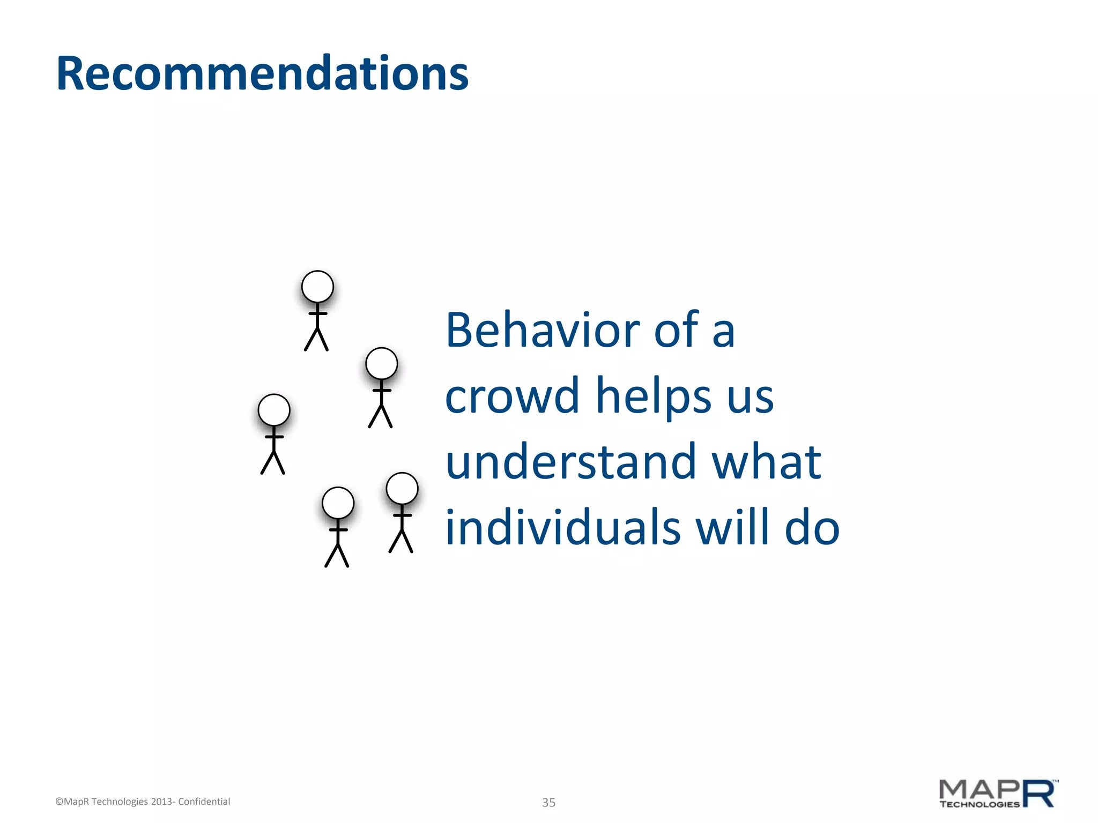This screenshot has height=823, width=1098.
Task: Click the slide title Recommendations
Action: [x=262, y=73]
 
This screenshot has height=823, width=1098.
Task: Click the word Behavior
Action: [x=543, y=331]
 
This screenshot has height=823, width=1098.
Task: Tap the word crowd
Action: [x=512, y=396]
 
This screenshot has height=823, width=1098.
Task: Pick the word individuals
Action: [x=563, y=528]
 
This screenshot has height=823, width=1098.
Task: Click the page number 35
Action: [x=548, y=802]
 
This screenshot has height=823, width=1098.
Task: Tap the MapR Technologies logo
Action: [x=998, y=794]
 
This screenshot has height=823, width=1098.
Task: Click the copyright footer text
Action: [x=143, y=802]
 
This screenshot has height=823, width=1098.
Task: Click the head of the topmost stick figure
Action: [x=317, y=287]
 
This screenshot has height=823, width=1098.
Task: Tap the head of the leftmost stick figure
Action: [x=274, y=410]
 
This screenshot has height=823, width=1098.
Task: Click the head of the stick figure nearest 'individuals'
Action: [x=402, y=489]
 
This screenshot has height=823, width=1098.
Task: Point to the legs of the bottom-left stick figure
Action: [x=337, y=555]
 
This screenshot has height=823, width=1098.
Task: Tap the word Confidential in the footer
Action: [x=204, y=802]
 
